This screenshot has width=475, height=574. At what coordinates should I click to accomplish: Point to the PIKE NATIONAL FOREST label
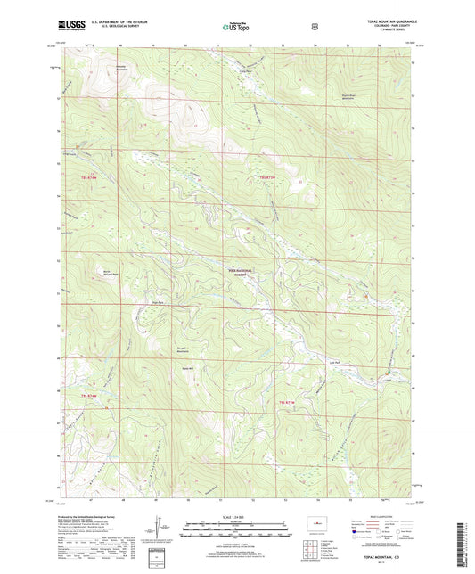(x=238, y=273)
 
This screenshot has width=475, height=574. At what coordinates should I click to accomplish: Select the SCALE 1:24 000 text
(x=235, y=516)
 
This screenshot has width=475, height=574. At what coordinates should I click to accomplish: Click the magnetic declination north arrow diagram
(x=159, y=526)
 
